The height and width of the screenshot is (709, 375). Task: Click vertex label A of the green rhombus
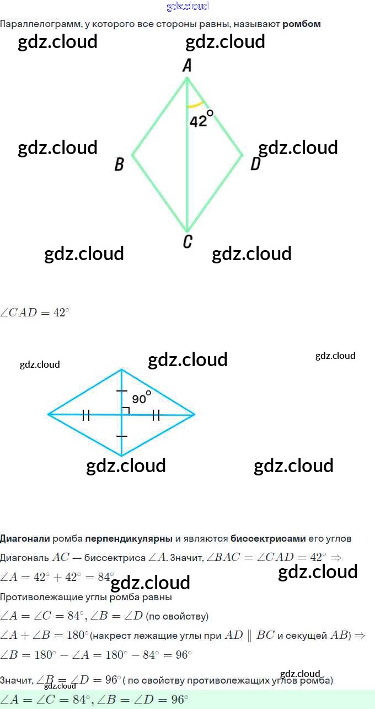pos(187,66)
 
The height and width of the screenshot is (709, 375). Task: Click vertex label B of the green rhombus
pos(119,164)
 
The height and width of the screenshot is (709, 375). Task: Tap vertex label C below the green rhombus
pos(187,242)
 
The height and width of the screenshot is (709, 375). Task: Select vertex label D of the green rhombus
pos(255,164)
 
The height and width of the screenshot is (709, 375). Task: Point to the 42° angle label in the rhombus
pos(201,120)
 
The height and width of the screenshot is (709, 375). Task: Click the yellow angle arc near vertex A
pos(196,105)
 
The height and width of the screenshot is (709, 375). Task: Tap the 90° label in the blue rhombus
pos(141,398)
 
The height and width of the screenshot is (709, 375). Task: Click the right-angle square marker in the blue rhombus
pos(125,410)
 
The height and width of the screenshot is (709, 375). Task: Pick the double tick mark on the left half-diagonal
pos(86,415)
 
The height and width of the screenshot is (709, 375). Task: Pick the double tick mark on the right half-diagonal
pos(156,415)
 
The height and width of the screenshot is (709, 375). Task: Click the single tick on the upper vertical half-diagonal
pos(122,391)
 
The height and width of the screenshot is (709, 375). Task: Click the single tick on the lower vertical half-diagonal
pos(122,436)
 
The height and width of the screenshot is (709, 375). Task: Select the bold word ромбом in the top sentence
pos(302,24)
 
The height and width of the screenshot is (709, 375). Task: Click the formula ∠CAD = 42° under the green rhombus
pos(35,313)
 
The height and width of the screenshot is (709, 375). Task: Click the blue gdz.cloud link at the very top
pos(187,6)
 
